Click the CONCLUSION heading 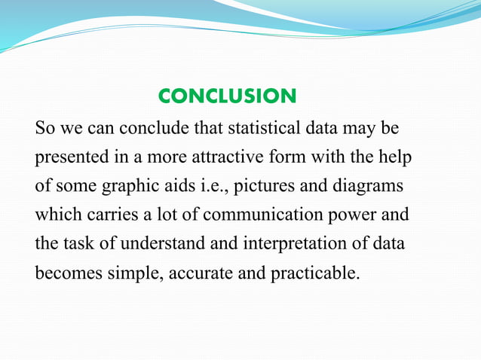pos(227,96)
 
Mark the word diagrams pos(373,187)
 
